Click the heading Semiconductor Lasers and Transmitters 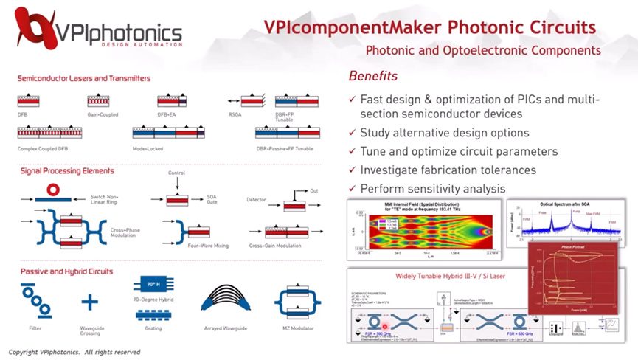coord(84,78)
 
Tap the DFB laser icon coord(28,101)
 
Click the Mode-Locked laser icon coord(170,133)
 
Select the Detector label coord(256,200)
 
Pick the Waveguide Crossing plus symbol coord(89,302)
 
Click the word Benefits coord(372,76)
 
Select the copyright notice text coord(74,353)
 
